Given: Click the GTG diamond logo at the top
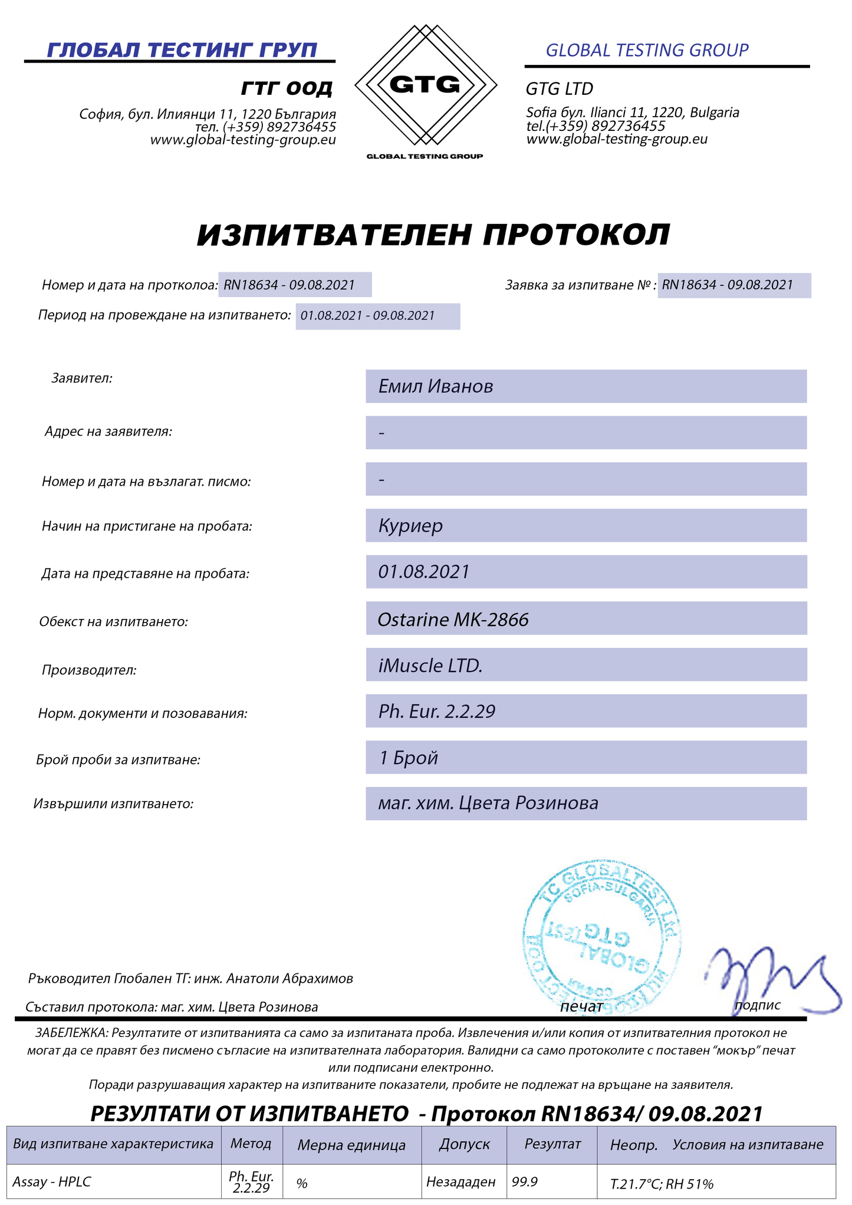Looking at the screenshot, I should click(x=425, y=85).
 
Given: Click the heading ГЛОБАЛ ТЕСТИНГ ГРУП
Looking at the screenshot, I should click(x=182, y=50).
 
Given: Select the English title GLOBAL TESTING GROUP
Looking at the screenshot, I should click(x=647, y=51).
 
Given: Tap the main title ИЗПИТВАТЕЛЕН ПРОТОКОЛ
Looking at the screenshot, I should click(x=433, y=235).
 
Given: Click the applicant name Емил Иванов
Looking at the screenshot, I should click(x=436, y=387).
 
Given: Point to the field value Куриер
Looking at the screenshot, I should click(x=410, y=525).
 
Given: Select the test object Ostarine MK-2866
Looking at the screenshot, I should click(x=453, y=619).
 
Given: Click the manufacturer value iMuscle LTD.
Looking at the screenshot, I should click(x=430, y=665).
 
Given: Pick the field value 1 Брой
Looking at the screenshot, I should click(x=408, y=758).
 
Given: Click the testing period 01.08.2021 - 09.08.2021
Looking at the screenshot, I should click(x=367, y=316).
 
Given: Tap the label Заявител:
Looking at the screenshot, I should click(x=82, y=378).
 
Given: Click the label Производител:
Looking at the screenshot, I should click(x=89, y=670).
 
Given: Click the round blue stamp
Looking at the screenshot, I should click(x=601, y=937).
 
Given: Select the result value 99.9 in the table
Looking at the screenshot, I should click(x=525, y=1181).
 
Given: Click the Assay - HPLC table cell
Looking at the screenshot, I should click(x=52, y=1182).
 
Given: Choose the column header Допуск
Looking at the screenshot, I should click(x=464, y=1144).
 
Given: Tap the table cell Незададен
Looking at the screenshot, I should click(x=460, y=1181).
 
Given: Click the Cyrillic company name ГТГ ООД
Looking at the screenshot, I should click(x=287, y=88).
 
